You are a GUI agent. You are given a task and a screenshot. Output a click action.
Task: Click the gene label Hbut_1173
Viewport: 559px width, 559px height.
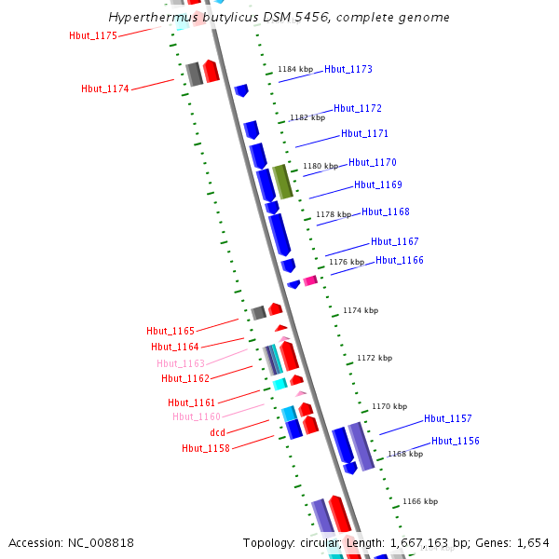(x=348, y=69)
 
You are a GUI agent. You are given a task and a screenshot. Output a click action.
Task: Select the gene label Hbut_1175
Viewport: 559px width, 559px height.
(x=93, y=35)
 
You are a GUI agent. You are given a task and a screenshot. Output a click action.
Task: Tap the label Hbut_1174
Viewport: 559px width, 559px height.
(x=105, y=89)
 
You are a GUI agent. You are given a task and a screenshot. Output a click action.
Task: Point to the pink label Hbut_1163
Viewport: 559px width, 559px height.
(x=181, y=363)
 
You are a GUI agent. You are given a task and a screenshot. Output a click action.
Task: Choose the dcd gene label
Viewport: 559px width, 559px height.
(x=217, y=432)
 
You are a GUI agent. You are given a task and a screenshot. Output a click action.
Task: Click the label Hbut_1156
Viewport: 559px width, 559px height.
(x=456, y=441)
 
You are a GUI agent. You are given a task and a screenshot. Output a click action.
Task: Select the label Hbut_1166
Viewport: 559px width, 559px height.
(x=400, y=260)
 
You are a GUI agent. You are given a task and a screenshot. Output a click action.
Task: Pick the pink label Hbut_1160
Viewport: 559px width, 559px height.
(x=197, y=416)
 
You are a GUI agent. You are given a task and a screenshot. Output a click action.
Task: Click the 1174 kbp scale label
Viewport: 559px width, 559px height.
(x=361, y=310)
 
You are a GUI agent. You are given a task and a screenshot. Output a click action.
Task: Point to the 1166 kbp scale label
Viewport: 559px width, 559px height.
(x=419, y=501)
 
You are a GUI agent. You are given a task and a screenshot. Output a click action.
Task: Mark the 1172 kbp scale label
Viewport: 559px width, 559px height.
(x=375, y=358)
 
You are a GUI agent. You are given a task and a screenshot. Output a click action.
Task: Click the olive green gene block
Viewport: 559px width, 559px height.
(x=282, y=181)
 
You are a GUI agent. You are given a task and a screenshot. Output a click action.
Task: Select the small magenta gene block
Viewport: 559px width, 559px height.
(x=310, y=280)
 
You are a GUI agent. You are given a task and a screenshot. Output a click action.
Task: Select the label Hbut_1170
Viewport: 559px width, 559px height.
(x=373, y=162)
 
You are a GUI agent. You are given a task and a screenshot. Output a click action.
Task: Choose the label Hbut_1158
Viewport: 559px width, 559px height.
(x=206, y=448)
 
